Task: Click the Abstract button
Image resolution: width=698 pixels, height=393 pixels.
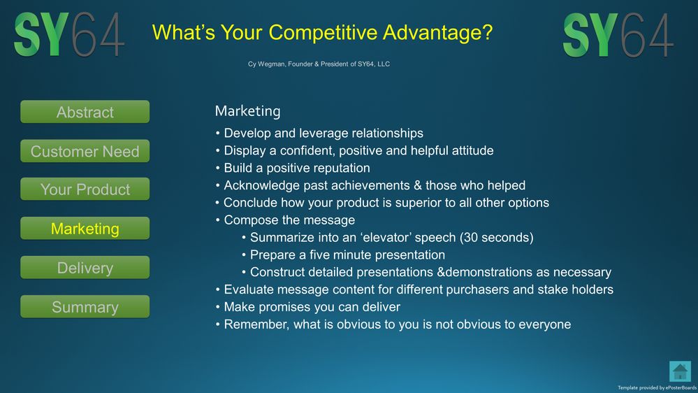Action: tap(85, 112)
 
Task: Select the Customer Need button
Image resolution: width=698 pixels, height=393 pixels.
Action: tap(85, 151)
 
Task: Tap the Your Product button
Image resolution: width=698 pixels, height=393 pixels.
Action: tap(85, 189)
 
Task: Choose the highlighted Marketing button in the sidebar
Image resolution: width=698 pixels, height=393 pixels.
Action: tap(85, 228)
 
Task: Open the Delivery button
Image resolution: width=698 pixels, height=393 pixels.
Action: tap(85, 267)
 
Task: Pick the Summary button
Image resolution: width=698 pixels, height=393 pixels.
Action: tap(85, 306)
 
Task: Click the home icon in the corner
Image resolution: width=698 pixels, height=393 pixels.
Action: tap(680, 371)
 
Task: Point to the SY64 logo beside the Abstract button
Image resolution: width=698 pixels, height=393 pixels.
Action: tap(69, 34)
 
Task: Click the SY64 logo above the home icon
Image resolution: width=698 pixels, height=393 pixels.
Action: tap(618, 35)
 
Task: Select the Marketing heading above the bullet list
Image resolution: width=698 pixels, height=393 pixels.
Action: tap(247, 111)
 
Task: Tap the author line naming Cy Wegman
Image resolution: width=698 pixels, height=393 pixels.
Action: tap(319, 64)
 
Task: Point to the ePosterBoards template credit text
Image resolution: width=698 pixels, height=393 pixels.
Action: tap(657, 387)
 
